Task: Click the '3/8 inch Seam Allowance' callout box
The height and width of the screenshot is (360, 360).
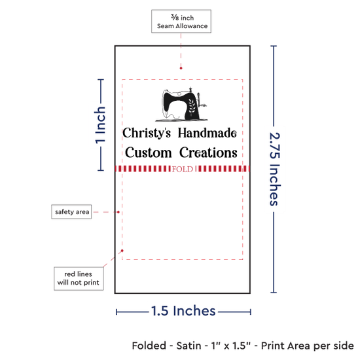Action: tap(181, 21)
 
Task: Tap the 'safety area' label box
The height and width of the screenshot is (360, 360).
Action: tap(71, 211)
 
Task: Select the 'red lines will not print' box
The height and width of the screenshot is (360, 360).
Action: tap(79, 278)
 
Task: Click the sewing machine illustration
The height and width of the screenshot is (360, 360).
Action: tap(181, 104)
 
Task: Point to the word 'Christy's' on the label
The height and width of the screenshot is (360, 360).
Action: tap(147, 133)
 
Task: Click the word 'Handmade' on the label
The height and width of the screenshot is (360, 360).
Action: tap(207, 133)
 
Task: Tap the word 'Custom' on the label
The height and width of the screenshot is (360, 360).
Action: tap(149, 153)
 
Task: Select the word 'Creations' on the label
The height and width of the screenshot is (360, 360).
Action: tap(208, 153)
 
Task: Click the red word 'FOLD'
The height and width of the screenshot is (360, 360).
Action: tap(183, 170)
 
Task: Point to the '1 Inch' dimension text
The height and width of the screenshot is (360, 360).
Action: tap(100, 125)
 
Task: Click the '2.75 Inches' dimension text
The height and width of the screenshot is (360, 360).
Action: tap(274, 169)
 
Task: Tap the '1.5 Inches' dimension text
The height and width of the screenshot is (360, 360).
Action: tap(183, 311)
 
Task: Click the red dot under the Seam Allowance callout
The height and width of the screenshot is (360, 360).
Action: tap(181, 68)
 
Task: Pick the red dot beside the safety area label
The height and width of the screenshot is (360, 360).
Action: tap(118, 212)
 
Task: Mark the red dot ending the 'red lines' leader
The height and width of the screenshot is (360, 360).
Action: tap(122, 251)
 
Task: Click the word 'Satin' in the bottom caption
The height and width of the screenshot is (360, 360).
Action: tap(189, 346)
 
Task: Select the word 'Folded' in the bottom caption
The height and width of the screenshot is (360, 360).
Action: tap(149, 346)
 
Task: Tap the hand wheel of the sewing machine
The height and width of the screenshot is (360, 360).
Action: tap(199, 99)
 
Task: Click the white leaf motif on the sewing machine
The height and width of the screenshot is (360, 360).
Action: tap(192, 106)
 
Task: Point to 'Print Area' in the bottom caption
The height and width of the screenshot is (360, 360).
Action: tap(285, 346)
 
